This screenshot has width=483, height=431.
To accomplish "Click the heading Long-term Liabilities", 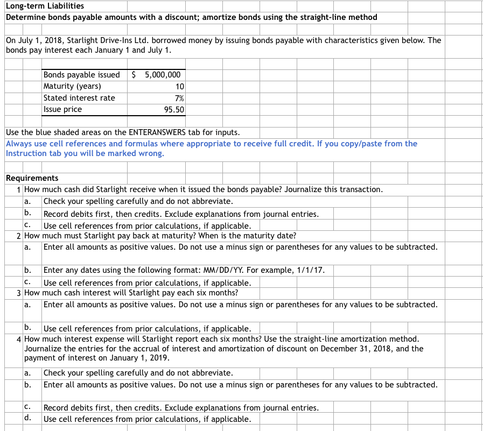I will coord(45,6).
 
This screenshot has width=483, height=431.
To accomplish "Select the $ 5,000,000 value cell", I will coord(157,75).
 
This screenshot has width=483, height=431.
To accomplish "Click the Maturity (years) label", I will coord(72,86).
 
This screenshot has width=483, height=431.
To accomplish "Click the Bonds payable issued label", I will coord(81,75).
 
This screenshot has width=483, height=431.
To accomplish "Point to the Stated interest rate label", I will coord(79,98).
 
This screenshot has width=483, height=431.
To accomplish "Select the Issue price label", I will coord(63,109).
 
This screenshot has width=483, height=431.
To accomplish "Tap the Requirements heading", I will coord(32,178).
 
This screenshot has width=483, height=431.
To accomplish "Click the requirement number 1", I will coord(19,189).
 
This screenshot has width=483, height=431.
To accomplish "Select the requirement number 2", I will coord(19,236).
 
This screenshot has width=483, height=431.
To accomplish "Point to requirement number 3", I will coord(19,293).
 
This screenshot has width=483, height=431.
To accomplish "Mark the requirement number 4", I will coord(19,339).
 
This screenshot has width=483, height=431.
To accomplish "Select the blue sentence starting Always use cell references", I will coord(211,144).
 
